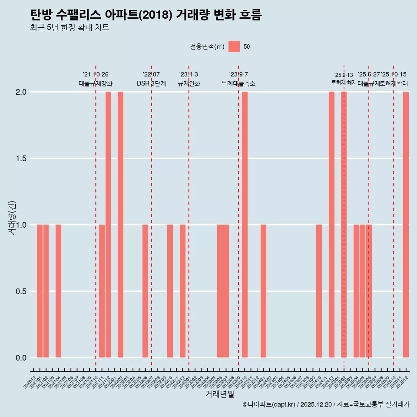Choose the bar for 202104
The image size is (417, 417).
click(58, 291)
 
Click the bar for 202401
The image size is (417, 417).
click(263, 291)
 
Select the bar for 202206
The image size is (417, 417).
click(145, 291)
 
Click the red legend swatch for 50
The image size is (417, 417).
click(234, 46)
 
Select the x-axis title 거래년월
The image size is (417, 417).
click(219, 394)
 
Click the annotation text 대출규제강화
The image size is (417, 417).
click(96, 83)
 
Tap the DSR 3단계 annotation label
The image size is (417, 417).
click(151, 83)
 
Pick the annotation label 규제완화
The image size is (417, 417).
click(189, 83)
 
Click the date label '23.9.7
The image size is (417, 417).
click(238, 75)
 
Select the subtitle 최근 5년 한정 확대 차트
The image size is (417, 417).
click(69, 28)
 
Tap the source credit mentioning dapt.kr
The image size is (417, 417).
click(326, 404)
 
